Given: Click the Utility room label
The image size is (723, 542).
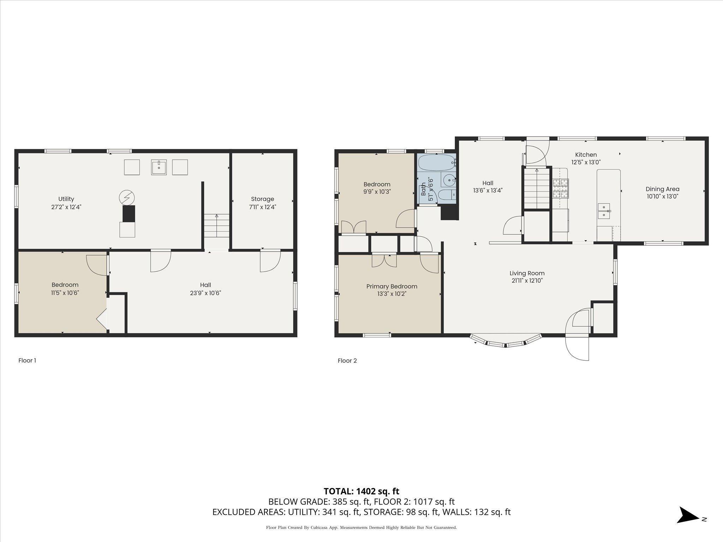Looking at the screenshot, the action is [66, 199].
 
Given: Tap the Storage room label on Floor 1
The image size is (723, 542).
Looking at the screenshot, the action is [262, 199].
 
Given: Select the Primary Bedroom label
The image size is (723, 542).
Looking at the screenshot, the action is [392, 287].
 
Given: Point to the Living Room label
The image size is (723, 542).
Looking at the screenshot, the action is [527, 273].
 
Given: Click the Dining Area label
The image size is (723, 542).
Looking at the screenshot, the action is [663, 189].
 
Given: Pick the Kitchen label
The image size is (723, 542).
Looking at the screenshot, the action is [586, 155].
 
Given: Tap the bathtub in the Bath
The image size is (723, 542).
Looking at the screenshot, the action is [437, 163].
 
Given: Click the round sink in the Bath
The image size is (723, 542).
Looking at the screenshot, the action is [448, 180].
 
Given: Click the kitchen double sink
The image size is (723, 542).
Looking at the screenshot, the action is [604, 211].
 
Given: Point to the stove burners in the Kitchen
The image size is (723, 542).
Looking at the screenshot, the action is [561, 188].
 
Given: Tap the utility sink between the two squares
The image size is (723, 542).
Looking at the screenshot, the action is [159, 167].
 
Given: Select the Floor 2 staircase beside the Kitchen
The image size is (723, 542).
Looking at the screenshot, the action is [537, 188].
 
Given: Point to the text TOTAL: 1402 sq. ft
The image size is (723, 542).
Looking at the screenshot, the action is [361, 491].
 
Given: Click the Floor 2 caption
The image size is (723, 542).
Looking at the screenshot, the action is [347, 361].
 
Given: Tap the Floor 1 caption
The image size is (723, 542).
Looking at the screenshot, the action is [27, 361].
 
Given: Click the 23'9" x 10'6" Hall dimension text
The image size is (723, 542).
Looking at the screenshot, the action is [205, 293].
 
